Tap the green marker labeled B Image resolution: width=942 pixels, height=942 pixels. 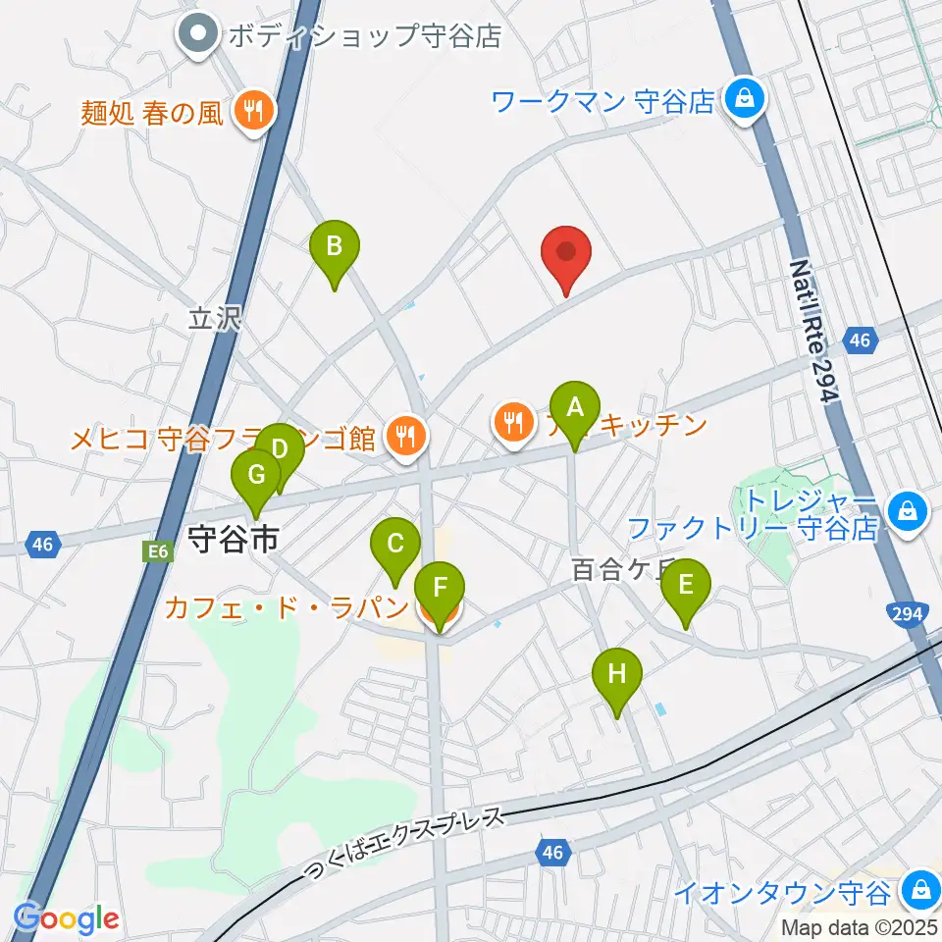pos(334,247)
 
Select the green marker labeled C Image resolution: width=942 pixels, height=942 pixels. pos(395,546)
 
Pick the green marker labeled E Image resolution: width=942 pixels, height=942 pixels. pos(685,587)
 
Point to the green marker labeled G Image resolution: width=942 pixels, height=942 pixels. pos(256,477)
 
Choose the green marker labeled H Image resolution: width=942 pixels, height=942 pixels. pos(616,676)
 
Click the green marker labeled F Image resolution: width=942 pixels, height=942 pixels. pos(441,591)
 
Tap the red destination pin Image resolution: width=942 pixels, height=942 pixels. pos(566,253)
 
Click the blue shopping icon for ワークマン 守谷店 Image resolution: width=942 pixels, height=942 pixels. pos(745,99)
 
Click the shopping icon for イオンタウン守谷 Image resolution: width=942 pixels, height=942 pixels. pos(919,891)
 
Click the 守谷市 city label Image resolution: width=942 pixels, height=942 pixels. pos(233,539)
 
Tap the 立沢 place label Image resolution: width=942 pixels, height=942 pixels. pos(214,319)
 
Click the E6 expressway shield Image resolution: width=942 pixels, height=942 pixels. pos(161,552)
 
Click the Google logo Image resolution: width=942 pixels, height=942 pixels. pos(66,919)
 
